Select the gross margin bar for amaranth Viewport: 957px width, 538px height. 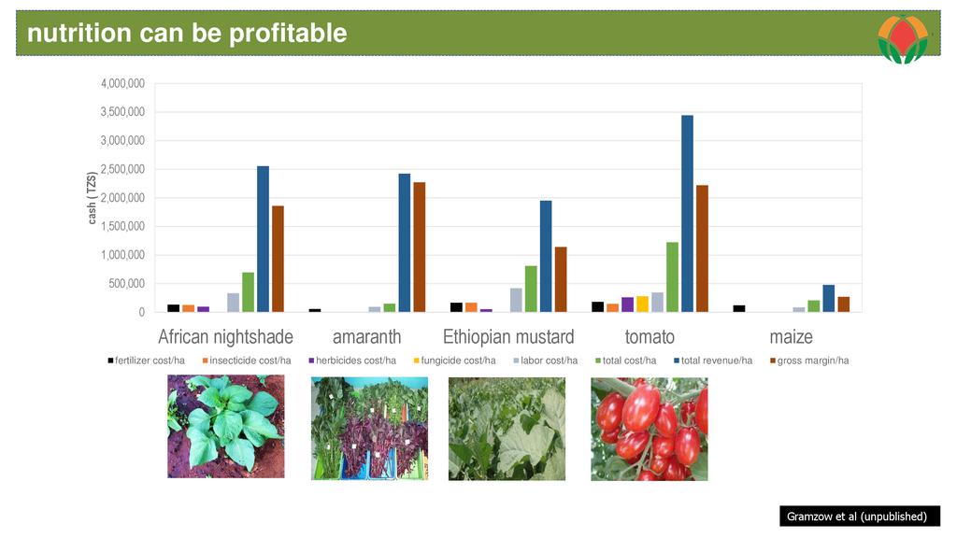point(420,247)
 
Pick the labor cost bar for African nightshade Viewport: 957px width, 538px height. point(233,303)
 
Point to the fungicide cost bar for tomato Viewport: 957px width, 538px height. point(642,304)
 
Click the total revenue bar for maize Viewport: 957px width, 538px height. point(828,298)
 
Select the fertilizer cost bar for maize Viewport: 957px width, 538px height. point(738,308)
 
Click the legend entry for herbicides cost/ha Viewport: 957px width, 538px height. point(355,361)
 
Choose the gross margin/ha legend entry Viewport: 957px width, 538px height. point(808,361)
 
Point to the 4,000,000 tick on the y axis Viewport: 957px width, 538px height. point(122,84)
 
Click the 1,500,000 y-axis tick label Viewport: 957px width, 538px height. point(122,227)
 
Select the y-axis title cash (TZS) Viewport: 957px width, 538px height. point(92,198)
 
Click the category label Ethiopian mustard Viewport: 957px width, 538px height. point(508,337)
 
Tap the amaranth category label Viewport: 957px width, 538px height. point(366,337)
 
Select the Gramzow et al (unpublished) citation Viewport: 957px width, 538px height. point(857,517)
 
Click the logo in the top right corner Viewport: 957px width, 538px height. point(902,39)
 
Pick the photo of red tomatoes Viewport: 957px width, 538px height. point(649,429)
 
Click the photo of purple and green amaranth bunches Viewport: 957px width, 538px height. point(369,429)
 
